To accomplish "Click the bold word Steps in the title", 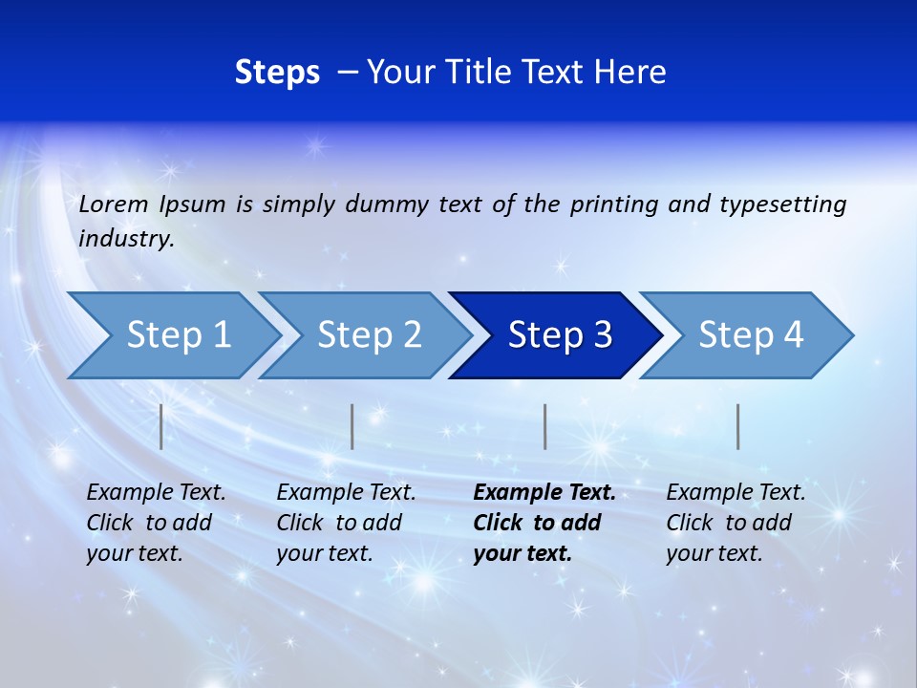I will (277, 73).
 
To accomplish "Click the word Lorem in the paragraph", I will (113, 204).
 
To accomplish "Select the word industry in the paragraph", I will (125, 239).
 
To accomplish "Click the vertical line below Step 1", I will (161, 426).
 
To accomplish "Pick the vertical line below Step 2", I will (352, 426).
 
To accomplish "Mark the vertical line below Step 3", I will (544, 426).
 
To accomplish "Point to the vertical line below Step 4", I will (737, 426).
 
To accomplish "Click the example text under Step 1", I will (156, 523).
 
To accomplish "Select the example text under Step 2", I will (346, 523).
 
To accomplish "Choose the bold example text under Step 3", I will (544, 523).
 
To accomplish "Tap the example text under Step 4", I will (736, 523).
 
